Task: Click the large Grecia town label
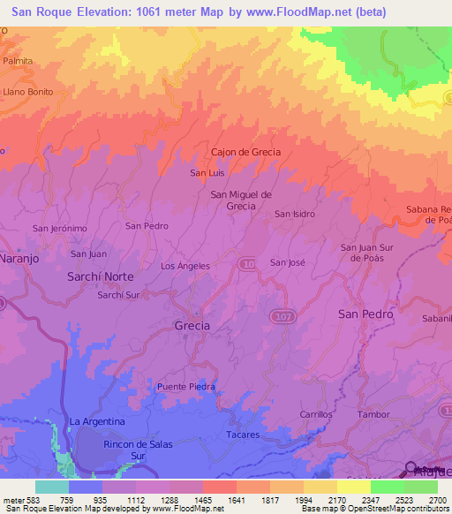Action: click(192, 326)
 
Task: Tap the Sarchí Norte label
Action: click(101, 276)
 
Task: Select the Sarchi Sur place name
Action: click(119, 295)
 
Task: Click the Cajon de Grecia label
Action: click(245, 152)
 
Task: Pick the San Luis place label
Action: click(208, 173)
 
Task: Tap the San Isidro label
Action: click(294, 214)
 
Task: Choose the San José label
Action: click(287, 262)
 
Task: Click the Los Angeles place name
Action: click(185, 266)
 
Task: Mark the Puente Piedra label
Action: click(186, 387)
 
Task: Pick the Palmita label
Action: click(18, 61)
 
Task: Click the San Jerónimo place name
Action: click(60, 229)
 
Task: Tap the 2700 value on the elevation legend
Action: click(438, 500)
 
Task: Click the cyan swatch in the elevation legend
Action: click(51, 487)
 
